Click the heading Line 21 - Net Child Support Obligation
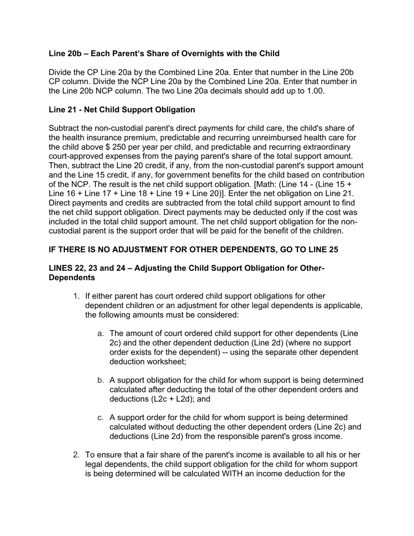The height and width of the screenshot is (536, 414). click(122, 109)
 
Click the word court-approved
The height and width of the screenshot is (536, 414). click(74, 156)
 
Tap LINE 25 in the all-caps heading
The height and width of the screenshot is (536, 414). click(322, 250)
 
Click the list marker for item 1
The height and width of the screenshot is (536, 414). click(76, 296)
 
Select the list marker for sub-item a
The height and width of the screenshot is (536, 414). click(100, 333)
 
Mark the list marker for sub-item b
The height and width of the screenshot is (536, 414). click(100, 380)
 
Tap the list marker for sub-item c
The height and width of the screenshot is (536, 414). click(100, 417)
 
